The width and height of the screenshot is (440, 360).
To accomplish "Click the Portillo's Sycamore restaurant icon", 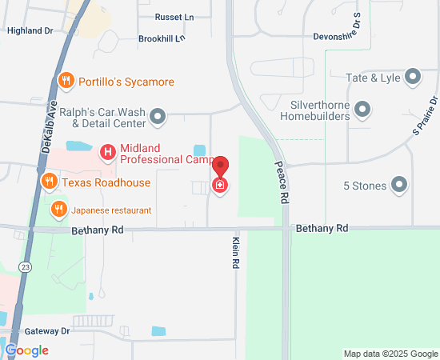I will [x=67, y=81].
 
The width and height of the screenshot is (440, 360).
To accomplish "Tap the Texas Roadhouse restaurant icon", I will [x=49, y=182].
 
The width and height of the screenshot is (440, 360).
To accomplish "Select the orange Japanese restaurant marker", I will [x=58, y=210].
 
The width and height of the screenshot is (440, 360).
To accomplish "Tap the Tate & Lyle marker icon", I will [x=413, y=77].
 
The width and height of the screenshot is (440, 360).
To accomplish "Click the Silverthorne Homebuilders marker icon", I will [x=362, y=108].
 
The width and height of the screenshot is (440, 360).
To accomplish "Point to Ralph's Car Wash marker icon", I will [x=158, y=118].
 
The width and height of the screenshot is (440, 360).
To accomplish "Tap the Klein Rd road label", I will [x=236, y=252].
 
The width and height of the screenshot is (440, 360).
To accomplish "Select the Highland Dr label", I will [x=30, y=30].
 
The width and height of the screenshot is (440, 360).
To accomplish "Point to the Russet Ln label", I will [x=174, y=17].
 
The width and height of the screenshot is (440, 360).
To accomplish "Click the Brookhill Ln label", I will [x=161, y=38].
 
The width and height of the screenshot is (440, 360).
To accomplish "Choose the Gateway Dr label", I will [x=47, y=330].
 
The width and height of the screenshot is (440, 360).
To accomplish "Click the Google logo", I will [x=26, y=350].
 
